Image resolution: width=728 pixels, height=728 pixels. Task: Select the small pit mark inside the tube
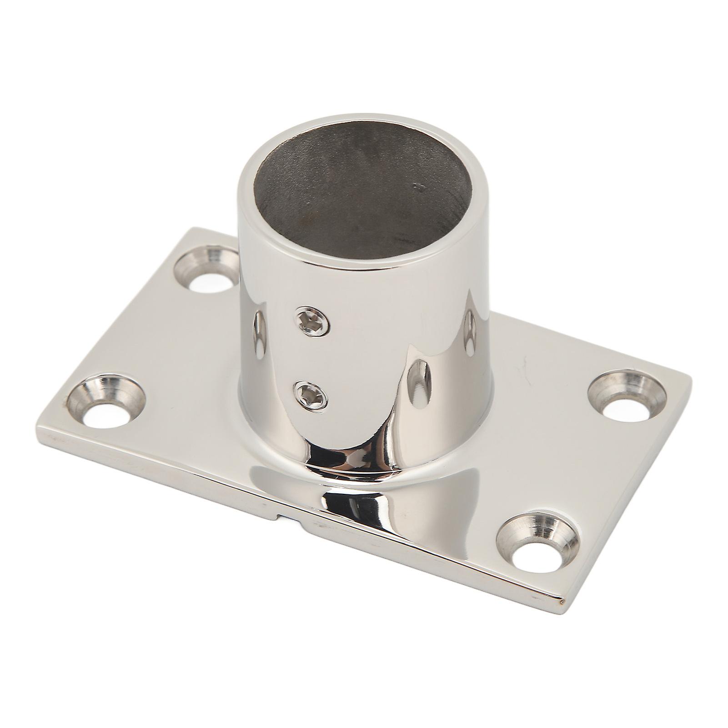click(x=418, y=185)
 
